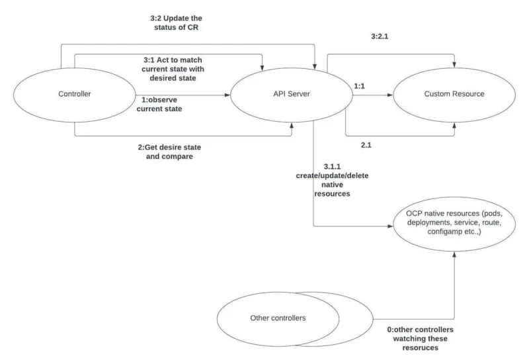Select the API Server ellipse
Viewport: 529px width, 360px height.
292,95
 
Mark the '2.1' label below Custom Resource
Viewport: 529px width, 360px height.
366,144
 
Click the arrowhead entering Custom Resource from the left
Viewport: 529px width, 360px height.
391,95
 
